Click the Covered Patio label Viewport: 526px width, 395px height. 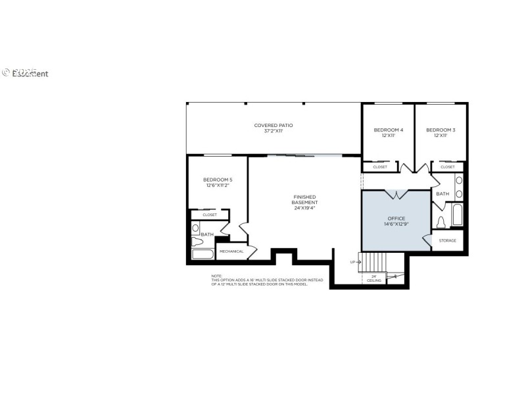pos(274,125)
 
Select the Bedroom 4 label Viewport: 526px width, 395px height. pos(388,130)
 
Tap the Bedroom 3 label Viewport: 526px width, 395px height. pos(440,130)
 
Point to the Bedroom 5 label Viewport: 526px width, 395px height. pos(217,180)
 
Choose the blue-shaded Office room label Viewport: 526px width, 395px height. pos(396,218)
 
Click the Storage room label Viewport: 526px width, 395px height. pos(448,241)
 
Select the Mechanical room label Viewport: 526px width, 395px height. pos(231,251)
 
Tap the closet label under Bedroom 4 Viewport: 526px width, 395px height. pos(380,167)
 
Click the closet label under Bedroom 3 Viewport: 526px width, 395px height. pos(448,167)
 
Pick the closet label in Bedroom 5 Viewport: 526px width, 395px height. pos(210,215)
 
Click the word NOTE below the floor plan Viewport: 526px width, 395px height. pos(216,276)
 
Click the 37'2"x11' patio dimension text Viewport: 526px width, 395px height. pos(274,131)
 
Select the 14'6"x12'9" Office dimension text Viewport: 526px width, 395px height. pos(396,224)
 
